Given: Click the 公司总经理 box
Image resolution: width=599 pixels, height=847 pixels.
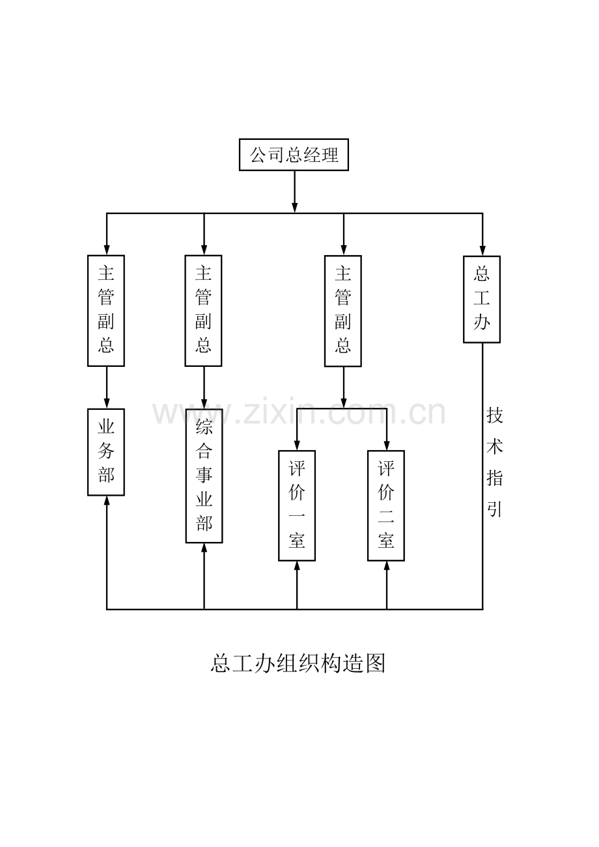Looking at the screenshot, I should pyautogui.click(x=294, y=155).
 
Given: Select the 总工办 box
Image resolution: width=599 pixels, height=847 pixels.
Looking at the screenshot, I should pyautogui.click(x=482, y=299).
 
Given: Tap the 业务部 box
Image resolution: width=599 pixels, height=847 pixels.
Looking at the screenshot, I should pyautogui.click(x=106, y=452).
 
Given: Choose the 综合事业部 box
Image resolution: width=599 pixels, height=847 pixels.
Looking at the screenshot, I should pyautogui.click(x=204, y=476).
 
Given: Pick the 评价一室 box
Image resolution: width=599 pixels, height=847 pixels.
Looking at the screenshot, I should pyautogui.click(x=297, y=505).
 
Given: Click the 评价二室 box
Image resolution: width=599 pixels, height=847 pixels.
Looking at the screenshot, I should pyautogui.click(x=386, y=505).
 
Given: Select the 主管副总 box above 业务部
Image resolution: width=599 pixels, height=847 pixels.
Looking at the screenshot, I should pyautogui.click(x=106, y=310).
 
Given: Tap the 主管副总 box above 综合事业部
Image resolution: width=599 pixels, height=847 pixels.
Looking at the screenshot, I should pyautogui.click(x=204, y=310).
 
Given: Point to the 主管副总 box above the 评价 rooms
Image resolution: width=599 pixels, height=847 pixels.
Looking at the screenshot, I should pyautogui.click(x=343, y=310).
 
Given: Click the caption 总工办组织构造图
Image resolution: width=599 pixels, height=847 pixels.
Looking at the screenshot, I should pyautogui.click(x=298, y=663).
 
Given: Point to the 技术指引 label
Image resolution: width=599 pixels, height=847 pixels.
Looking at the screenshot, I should pyautogui.click(x=495, y=462).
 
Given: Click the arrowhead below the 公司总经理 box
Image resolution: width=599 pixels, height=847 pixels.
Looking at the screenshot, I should pyautogui.click(x=295, y=207).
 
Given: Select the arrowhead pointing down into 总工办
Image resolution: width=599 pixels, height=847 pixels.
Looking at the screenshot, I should pyautogui.click(x=482, y=250).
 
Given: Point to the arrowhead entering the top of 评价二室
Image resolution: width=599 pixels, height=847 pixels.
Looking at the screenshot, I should pyautogui.click(x=387, y=445).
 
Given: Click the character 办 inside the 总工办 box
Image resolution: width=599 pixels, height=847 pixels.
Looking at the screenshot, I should pyautogui.click(x=482, y=322).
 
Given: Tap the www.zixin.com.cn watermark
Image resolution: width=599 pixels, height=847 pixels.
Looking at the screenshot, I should pyautogui.click(x=299, y=413).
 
